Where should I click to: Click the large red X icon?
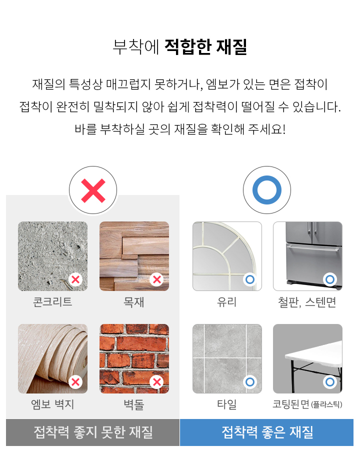(93, 190)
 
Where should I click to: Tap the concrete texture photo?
(53, 256)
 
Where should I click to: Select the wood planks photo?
(134, 256)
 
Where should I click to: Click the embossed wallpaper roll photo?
(53, 358)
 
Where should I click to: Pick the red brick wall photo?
(134, 358)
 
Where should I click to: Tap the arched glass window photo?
(227, 256)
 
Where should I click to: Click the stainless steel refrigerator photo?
(308, 256)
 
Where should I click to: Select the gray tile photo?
(227, 358)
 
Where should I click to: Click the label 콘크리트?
(52, 302)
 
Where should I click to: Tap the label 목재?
(134, 302)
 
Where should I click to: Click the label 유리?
(226, 302)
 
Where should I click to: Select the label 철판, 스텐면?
(307, 302)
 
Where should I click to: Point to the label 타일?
(227, 404)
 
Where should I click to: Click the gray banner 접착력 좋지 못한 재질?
(92, 432)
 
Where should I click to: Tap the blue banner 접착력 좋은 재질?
(266, 432)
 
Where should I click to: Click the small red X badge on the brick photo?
(156, 382)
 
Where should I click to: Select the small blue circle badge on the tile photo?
(250, 382)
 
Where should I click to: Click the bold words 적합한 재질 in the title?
(205, 47)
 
